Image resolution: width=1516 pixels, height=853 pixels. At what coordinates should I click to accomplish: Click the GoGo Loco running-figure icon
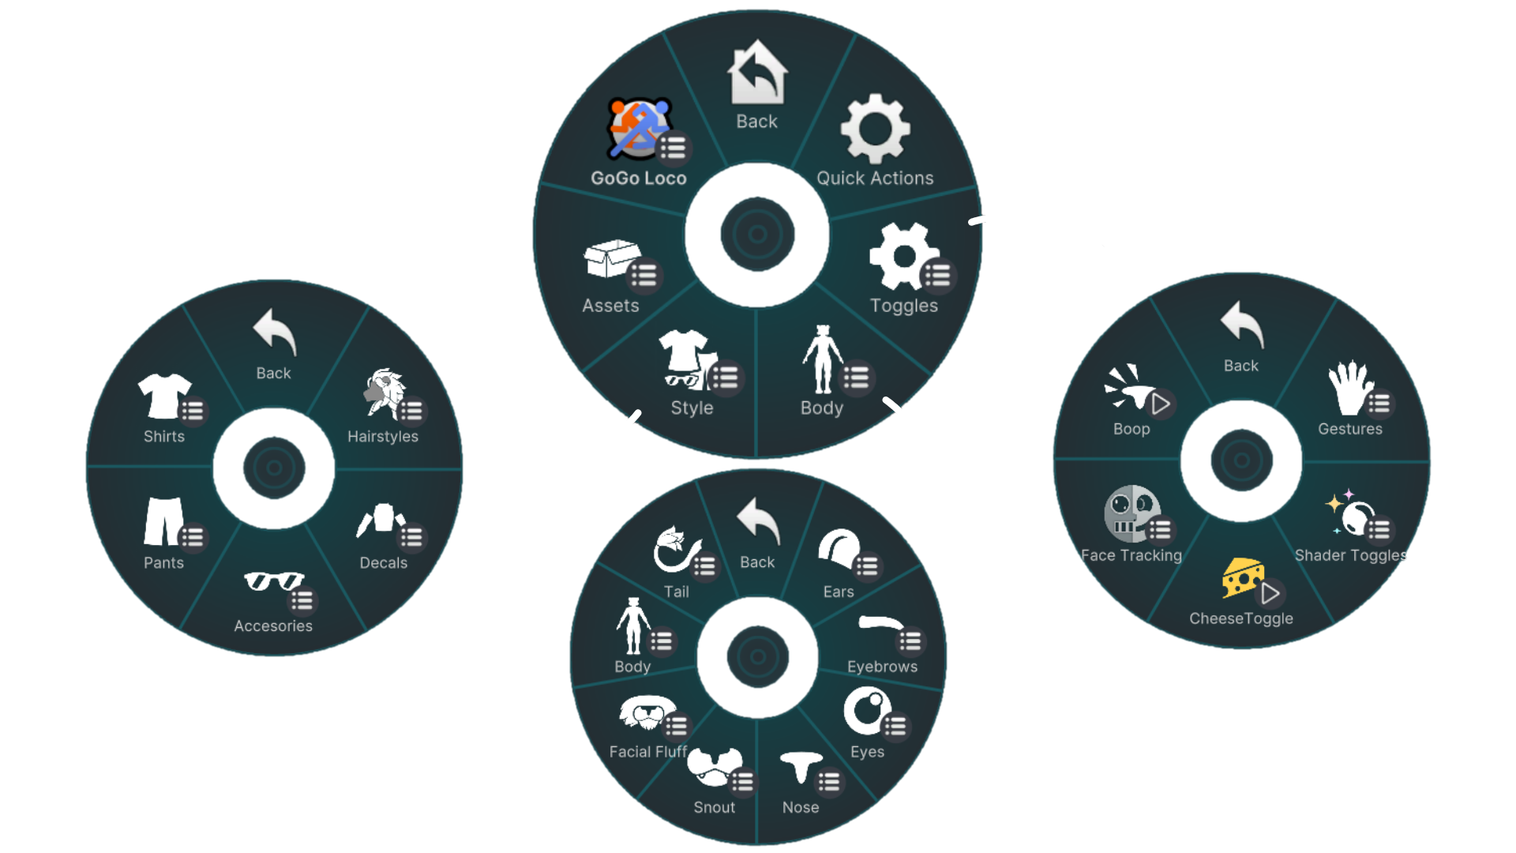point(639,128)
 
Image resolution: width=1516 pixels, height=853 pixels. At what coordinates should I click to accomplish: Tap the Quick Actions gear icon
point(875,130)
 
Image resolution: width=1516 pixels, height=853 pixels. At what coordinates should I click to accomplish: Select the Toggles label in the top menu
point(903,306)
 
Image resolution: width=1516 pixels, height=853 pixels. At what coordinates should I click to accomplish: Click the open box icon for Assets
point(610,259)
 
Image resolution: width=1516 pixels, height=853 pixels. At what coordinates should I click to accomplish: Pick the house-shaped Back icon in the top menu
point(757,73)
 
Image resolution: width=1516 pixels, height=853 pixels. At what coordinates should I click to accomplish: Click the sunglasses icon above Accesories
point(272,582)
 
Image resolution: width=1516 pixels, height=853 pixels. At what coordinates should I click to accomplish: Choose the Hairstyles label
point(383,437)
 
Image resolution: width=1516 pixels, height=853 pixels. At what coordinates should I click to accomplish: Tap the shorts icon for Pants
point(163,521)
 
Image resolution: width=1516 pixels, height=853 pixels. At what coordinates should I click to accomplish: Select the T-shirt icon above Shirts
point(163,395)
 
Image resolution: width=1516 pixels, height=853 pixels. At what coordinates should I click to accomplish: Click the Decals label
point(383,563)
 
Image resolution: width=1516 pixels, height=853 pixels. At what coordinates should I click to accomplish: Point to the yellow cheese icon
point(1242,577)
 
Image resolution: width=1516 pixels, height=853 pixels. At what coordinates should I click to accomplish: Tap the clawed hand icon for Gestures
point(1349,388)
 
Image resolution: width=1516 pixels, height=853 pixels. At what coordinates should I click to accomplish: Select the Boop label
point(1131,429)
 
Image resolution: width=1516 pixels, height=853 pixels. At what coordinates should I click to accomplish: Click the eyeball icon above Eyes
point(866,710)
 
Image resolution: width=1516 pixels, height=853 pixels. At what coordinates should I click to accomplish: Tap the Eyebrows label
point(882,667)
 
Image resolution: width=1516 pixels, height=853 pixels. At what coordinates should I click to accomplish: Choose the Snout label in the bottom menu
point(714,807)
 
